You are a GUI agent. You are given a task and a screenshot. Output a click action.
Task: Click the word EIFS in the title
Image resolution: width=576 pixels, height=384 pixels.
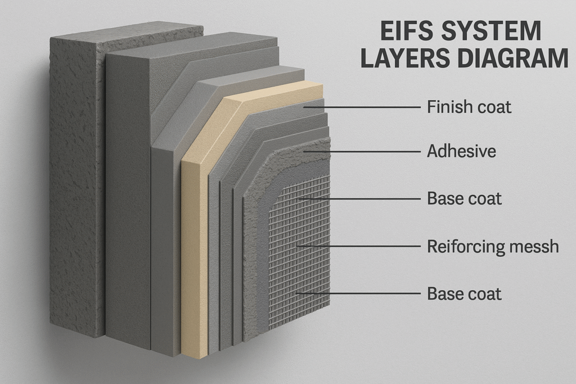pyautogui.click(x=400, y=31)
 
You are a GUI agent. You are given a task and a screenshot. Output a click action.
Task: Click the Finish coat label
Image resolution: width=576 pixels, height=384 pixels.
pyautogui.click(x=469, y=106)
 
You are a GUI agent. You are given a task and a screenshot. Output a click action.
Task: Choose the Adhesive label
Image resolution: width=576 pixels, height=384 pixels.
pyautogui.click(x=461, y=151)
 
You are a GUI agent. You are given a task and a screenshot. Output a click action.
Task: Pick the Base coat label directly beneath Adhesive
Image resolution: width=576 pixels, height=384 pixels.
pyautogui.click(x=464, y=199)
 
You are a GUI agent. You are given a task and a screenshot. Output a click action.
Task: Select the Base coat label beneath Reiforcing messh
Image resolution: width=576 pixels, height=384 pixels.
pyautogui.click(x=464, y=293)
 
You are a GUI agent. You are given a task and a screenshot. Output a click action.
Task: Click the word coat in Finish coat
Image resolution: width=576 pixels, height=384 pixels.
pyautogui.click(x=493, y=106)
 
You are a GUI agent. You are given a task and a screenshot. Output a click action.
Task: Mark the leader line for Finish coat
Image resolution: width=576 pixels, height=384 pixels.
pyautogui.click(x=366, y=107)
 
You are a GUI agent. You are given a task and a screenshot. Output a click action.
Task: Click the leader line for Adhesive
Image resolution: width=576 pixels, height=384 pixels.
pyautogui.click(x=366, y=152)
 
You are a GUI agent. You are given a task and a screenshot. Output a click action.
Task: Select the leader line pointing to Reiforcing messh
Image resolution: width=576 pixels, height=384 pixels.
pyautogui.click(x=360, y=246)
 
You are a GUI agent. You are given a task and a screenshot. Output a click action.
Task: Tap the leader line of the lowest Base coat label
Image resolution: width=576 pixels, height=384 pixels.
pyautogui.click(x=360, y=293)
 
